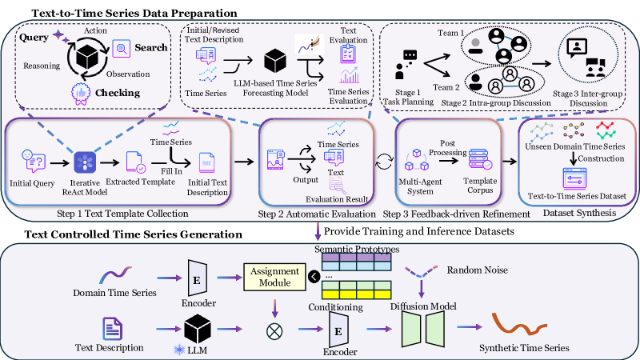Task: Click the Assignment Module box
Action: [x=274, y=277]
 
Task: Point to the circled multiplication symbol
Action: [x=274, y=327]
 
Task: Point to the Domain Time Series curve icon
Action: [x=112, y=277]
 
